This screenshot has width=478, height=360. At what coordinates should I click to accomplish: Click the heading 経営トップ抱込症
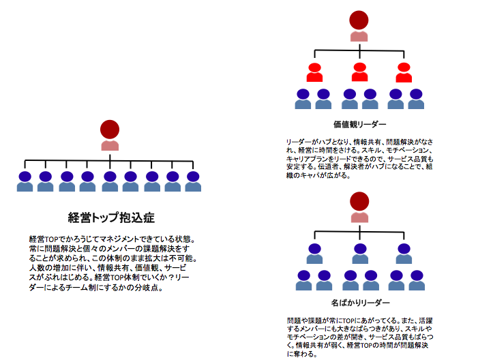[x=111, y=218]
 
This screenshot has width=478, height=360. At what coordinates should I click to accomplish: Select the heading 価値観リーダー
[x=359, y=125]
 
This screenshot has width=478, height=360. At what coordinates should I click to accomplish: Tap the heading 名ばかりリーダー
[x=359, y=301]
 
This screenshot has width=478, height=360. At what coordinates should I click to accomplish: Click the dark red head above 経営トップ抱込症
[x=110, y=130]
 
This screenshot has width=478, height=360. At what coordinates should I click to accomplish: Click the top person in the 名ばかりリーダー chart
[x=359, y=207]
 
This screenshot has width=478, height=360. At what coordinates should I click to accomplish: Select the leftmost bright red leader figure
[x=314, y=72]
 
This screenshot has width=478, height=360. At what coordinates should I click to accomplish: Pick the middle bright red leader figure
[x=359, y=72]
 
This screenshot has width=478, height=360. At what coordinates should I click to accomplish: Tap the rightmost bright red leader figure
[x=404, y=72]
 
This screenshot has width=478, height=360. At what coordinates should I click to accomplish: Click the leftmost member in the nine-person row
[x=25, y=182]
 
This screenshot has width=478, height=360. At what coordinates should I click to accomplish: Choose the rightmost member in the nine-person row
[x=193, y=182]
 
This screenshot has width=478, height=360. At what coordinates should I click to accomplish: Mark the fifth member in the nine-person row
[x=109, y=182]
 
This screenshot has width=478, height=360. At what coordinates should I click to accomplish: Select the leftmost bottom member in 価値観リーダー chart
[x=303, y=100]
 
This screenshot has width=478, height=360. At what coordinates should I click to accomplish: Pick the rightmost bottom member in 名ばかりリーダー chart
[x=416, y=280]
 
